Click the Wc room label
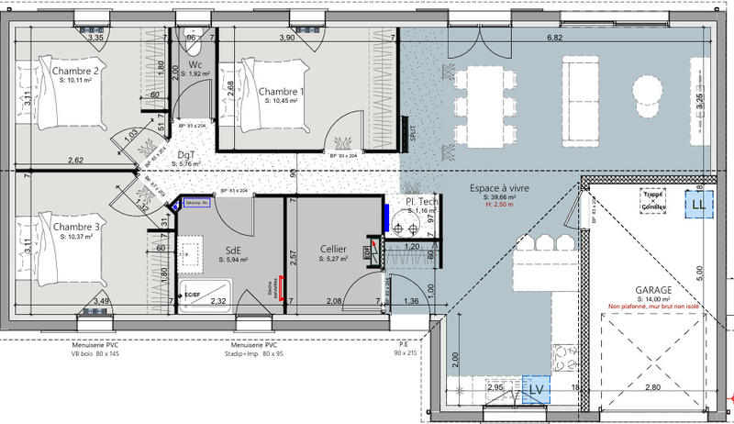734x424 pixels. [195, 64]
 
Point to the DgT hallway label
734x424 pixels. [187, 156]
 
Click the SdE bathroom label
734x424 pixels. [235, 249]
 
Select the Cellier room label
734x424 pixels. [333, 249]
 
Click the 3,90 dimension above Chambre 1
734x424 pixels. [287, 39]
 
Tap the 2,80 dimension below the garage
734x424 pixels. [652, 389]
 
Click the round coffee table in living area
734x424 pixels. [649, 89]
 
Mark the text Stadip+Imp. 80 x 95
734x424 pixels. [254, 351]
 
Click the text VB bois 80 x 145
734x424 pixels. [102, 351]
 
